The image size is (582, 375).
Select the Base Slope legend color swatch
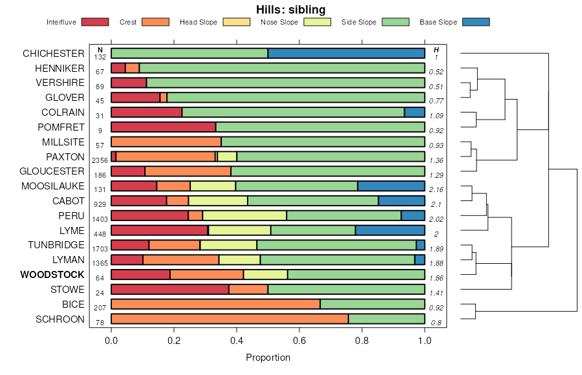476,22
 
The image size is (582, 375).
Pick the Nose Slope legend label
279,22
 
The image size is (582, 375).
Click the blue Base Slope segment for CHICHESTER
346,53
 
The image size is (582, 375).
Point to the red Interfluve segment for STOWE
170,289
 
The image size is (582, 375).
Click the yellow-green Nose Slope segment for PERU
244,215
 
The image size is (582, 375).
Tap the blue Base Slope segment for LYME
390,230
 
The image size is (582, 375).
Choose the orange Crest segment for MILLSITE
166,142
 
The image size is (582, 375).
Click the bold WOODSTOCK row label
52,275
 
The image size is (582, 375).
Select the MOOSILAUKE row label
52,186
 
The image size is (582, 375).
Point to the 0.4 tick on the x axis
237,330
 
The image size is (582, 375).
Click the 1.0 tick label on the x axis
425,341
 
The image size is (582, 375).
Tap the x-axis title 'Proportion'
268,358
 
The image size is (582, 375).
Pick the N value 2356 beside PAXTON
100,161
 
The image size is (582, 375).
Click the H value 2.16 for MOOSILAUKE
436,191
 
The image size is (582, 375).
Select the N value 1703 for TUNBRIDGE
100,250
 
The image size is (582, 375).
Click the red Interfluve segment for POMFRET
163,127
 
